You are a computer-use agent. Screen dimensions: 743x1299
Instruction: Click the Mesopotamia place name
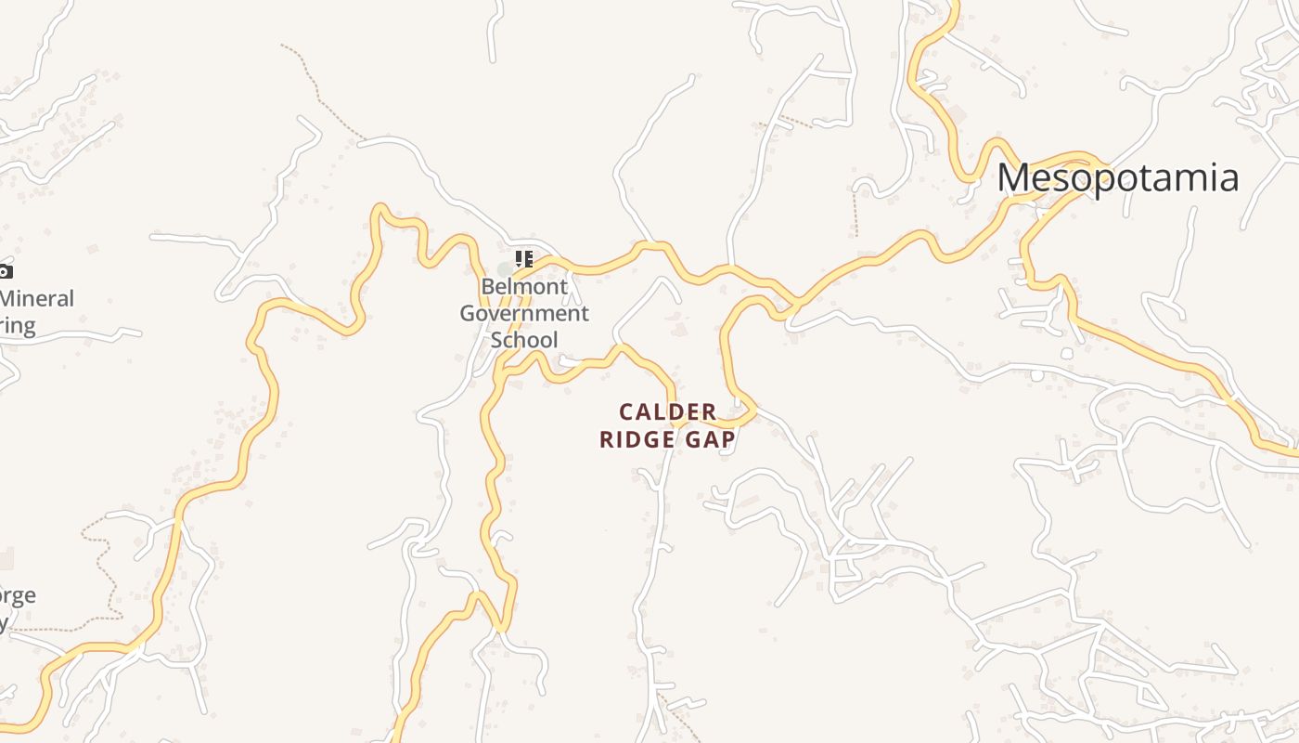tap(1117, 177)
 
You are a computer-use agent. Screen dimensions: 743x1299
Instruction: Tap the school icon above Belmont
tap(524, 258)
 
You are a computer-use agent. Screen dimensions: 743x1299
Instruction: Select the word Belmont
tap(524, 287)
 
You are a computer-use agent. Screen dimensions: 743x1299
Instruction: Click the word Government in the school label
tap(524, 313)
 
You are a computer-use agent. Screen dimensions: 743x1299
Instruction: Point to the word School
tap(524, 339)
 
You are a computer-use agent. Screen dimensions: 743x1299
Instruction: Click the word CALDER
tap(668, 411)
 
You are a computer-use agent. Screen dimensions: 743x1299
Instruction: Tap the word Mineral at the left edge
tap(37, 299)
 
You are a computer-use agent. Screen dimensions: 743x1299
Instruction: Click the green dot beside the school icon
tap(504, 269)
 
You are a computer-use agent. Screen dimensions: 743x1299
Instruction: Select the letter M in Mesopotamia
tap(1013, 177)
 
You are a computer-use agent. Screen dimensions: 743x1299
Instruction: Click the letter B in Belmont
tap(487, 287)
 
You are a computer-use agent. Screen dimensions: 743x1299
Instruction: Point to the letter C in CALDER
tap(626, 411)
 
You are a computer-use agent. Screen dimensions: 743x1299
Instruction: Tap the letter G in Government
tap(469, 313)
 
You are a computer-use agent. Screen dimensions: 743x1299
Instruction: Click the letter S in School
tap(496, 339)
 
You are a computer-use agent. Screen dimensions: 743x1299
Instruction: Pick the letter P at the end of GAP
tap(728, 439)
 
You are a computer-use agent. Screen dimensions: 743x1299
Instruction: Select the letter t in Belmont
tap(563, 287)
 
